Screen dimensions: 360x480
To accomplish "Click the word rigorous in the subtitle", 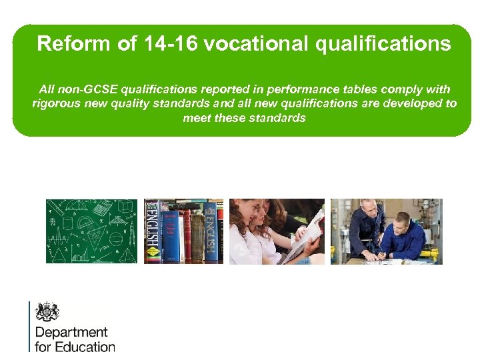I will pyautogui.click(x=53, y=103).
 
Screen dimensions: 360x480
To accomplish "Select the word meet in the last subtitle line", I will pyautogui.click(x=197, y=118).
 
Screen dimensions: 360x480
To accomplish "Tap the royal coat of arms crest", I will pyautogui.click(x=47, y=311).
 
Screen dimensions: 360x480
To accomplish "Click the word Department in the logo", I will pyautogui.click(x=71, y=332).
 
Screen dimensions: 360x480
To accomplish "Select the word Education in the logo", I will pyautogui.click(x=85, y=347).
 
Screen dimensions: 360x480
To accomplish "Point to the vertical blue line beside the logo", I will pyautogui.click(x=29, y=326).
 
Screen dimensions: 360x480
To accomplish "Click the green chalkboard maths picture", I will pyautogui.click(x=91, y=231).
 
